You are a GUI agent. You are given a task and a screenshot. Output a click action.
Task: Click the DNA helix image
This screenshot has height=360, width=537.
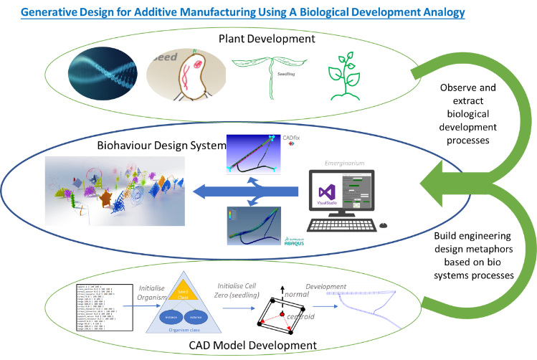coord(103,73)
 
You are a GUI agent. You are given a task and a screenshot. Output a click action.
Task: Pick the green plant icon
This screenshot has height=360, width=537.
coord(343,75)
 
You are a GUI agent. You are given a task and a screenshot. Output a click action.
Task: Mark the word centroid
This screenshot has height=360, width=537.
coord(299,316)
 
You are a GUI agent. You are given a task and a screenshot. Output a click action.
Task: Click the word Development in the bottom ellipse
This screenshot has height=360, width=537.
coord(326,285)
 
